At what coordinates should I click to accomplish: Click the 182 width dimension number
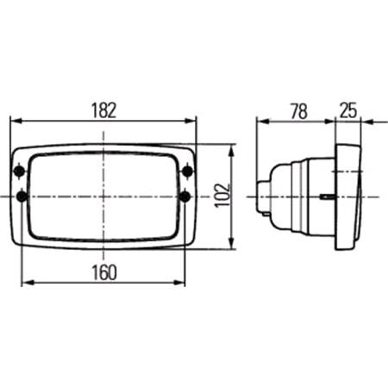(x=103, y=110)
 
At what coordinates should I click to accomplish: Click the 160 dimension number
(x=104, y=272)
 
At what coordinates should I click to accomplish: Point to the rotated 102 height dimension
(x=222, y=195)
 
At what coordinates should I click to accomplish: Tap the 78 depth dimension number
(x=299, y=111)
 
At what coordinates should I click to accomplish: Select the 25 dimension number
(x=348, y=110)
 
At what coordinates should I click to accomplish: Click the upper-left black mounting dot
(x=19, y=172)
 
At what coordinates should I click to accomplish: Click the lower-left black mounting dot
(x=22, y=197)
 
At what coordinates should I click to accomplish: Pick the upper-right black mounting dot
(x=188, y=172)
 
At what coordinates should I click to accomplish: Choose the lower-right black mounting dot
(x=185, y=197)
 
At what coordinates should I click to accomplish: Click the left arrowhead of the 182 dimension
(x=16, y=121)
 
